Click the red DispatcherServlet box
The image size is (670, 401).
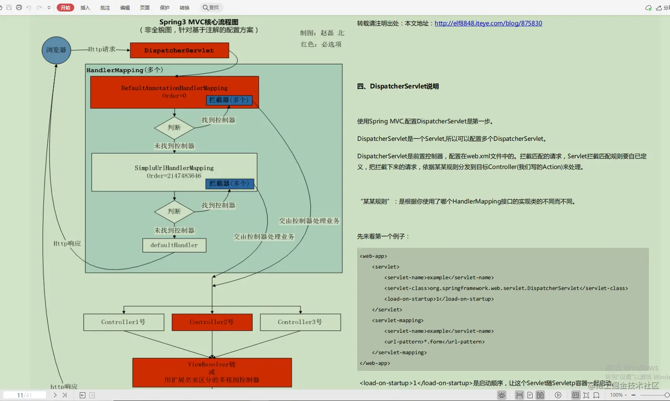coord(179,50)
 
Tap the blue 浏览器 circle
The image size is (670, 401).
coord(56,50)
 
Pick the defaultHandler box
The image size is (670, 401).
coord(174,245)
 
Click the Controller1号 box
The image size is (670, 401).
coord(124,322)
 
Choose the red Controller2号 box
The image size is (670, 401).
coord(212,322)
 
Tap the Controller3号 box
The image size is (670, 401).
coord(300,322)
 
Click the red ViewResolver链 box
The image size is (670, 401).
coord(212,372)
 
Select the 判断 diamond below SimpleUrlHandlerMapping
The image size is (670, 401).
coord(174,212)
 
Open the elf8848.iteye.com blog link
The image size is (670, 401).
coord(488,23)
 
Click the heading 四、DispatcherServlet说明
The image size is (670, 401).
coord(397,86)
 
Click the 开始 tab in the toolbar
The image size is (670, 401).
coord(65,8)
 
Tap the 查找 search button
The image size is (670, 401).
coord(211,8)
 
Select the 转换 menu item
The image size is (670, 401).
coord(184,8)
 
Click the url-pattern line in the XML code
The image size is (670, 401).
coord(434,342)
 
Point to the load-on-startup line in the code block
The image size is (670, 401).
coord(439,299)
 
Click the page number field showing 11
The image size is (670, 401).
coord(24,395)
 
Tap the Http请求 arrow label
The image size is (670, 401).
coord(101,49)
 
